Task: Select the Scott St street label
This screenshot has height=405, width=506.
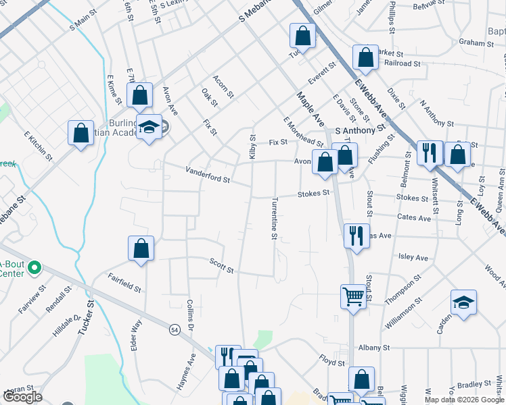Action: coord(221,266)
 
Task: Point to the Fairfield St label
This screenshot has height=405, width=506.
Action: coord(124,283)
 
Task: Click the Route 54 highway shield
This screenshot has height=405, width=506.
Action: coord(175,329)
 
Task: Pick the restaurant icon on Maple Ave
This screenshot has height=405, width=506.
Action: coord(356,236)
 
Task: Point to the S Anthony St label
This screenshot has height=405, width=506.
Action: coord(359,128)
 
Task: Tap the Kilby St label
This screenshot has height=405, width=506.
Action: coord(252,146)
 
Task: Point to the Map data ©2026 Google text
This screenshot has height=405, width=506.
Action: coord(463,400)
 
